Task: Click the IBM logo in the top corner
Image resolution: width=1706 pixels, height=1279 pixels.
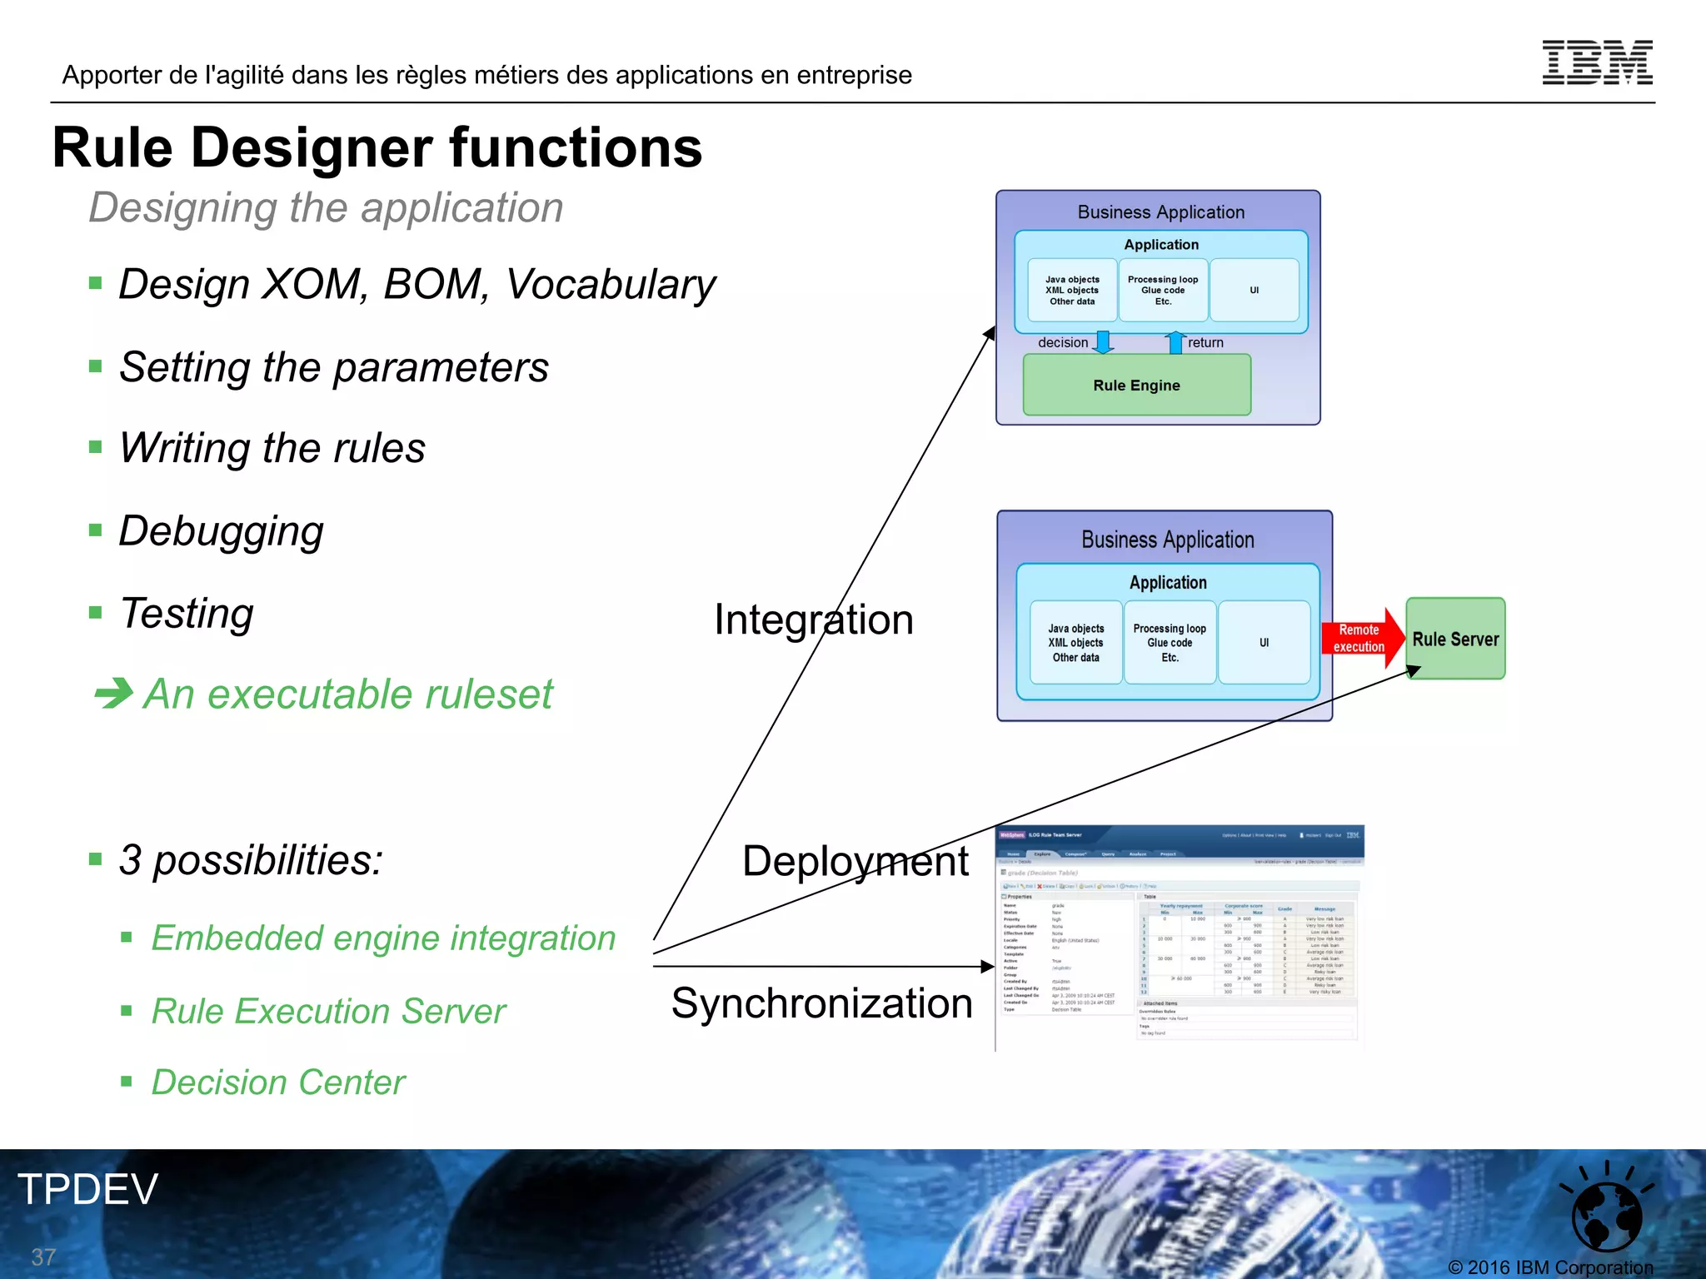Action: point(1597,62)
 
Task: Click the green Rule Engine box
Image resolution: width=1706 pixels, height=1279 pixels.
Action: point(1136,385)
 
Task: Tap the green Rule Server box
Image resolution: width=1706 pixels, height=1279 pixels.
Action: point(1455,639)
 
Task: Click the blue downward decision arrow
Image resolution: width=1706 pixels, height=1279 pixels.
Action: point(1103,342)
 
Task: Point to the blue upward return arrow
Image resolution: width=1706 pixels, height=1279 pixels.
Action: point(1175,342)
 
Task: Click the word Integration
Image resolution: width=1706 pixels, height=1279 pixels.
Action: point(813,620)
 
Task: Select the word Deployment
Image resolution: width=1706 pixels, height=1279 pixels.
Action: point(855,861)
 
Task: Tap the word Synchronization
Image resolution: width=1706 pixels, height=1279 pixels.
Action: point(821,1003)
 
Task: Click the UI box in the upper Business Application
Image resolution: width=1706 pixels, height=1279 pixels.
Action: point(1254,290)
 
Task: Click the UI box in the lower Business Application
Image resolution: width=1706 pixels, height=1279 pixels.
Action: point(1264,642)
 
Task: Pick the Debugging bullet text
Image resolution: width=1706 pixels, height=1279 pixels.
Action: point(221,531)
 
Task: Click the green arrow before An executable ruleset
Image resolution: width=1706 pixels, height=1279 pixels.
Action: point(113,693)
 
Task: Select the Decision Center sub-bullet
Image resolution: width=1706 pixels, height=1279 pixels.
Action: point(277,1082)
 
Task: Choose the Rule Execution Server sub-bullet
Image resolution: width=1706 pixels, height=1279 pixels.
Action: point(328,1012)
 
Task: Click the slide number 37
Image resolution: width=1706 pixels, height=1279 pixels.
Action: point(43,1257)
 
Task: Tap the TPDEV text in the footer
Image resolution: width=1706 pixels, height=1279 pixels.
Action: point(87,1189)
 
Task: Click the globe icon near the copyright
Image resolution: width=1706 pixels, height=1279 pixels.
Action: point(1606,1214)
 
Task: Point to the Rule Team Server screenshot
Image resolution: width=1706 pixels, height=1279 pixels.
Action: point(1179,937)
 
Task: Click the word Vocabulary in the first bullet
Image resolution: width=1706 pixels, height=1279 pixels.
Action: point(611,285)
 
